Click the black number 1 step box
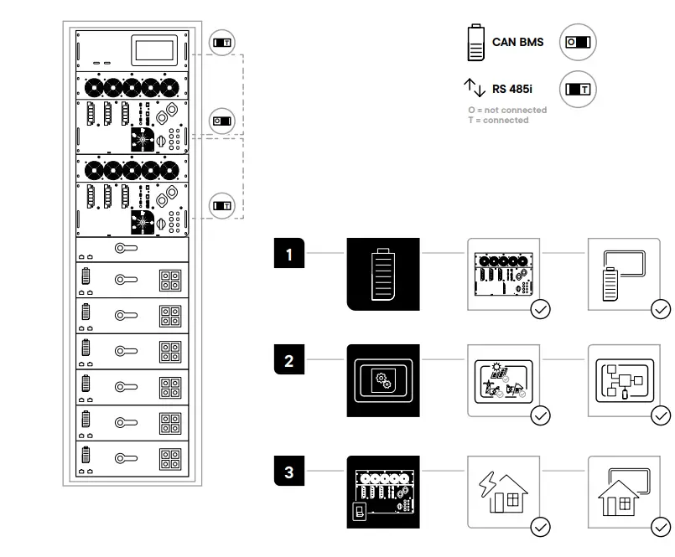pyautogui.click(x=289, y=255)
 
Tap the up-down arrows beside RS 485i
pyautogui.click(x=475, y=86)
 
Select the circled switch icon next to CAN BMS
pyautogui.click(x=578, y=42)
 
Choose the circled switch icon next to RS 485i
pyautogui.click(x=578, y=87)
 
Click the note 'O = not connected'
pyautogui.click(x=506, y=110)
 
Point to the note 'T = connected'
pyautogui.click(x=498, y=121)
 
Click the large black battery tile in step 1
pyautogui.click(x=384, y=273)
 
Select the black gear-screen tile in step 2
pyautogui.click(x=384, y=379)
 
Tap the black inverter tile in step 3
pyautogui.click(x=384, y=491)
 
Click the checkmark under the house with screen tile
pyautogui.click(x=661, y=526)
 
